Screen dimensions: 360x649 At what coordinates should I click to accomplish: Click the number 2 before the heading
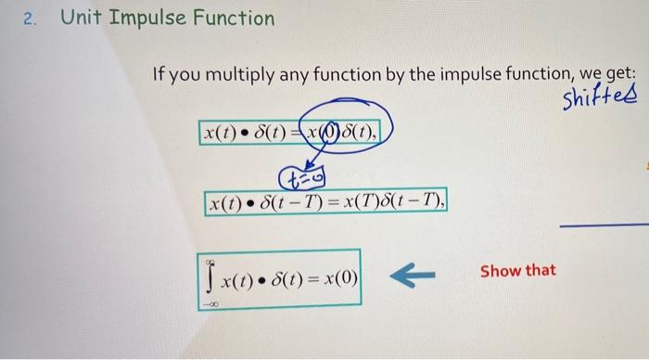(29, 19)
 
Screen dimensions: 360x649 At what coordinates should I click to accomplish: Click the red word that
(541, 271)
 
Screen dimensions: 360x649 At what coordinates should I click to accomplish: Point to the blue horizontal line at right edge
(607, 225)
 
